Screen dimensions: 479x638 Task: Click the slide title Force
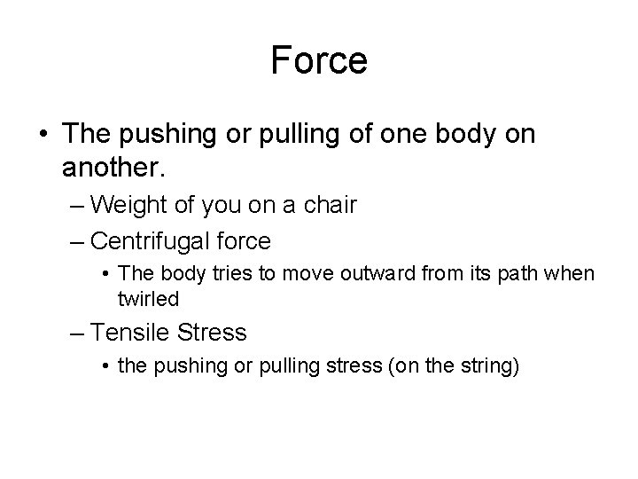coord(319,60)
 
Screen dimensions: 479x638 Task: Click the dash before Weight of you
coord(76,205)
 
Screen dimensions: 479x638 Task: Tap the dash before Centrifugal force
coord(76,239)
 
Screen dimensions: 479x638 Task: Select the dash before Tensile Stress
coord(76,334)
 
